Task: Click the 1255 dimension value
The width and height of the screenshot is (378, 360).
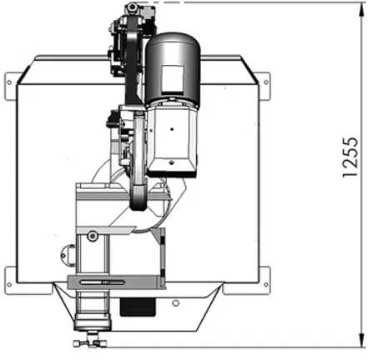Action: coord(350,157)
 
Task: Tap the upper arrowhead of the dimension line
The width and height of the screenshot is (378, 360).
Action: coord(361,10)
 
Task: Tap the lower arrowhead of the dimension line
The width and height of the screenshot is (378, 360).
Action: coord(361,340)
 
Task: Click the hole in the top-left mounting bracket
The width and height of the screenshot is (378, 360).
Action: coord(9,82)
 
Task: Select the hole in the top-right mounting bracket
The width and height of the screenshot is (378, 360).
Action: coord(265,82)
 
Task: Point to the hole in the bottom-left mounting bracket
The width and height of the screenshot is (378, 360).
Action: coord(9,284)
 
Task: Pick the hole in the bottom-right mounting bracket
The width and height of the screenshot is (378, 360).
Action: coord(265,284)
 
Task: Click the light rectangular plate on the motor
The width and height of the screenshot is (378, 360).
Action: coord(173,79)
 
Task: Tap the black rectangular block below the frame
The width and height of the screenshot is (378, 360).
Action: coord(138,307)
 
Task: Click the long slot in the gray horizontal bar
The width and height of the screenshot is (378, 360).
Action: coord(102,282)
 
